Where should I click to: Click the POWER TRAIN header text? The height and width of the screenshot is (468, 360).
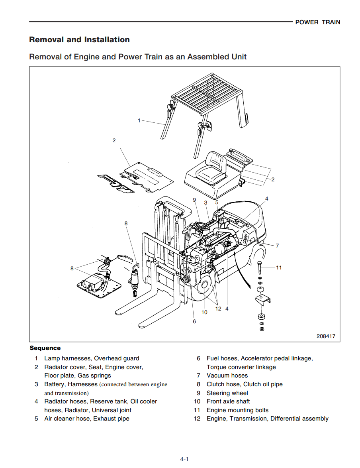pos(317,22)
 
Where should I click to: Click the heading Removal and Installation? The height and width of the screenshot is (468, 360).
pos(79,39)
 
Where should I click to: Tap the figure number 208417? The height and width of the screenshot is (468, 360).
pos(326,336)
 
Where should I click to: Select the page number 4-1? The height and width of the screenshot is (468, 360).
pos(184,459)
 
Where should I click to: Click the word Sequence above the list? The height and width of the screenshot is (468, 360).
pos(45,348)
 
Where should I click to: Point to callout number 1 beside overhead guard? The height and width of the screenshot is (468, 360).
pos(139,120)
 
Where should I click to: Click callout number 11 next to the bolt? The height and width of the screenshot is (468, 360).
pos(279,267)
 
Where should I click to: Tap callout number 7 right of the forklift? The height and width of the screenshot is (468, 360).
pos(277,246)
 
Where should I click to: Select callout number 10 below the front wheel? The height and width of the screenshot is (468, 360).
pos(204,312)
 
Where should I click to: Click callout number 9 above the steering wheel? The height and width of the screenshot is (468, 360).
pos(194,200)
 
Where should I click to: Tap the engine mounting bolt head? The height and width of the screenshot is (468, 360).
pos(260,263)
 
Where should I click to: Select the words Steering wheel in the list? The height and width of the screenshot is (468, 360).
pos(227,393)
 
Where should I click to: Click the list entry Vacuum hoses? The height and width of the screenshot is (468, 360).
pos(227,376)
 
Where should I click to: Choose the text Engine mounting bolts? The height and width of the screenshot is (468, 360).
pos(237,410)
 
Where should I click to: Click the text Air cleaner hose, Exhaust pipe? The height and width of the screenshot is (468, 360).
pos(87,419)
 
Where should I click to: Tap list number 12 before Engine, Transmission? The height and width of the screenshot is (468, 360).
pos(197,419)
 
